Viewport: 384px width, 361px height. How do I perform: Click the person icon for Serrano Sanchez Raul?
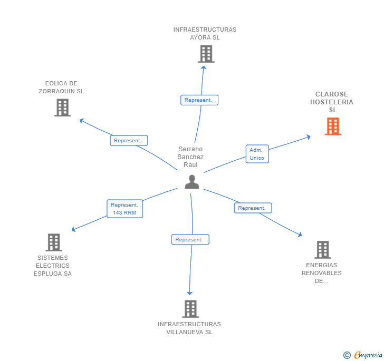192,182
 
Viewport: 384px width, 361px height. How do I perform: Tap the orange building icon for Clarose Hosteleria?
332,126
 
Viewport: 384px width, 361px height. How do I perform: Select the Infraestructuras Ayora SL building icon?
206,54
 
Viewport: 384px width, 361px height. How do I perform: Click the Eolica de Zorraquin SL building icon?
62,108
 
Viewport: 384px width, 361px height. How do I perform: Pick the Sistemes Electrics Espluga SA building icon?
53,242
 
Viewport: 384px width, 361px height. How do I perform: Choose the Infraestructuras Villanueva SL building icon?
190,309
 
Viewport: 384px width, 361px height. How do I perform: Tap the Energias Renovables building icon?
322,250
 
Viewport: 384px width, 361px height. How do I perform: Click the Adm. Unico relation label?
257,154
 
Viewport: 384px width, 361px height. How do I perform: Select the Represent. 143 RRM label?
124,209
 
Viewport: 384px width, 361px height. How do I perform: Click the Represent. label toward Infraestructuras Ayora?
199,100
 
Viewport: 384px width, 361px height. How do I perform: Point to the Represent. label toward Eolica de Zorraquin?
128,141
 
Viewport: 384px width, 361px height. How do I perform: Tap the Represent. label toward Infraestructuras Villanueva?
190,240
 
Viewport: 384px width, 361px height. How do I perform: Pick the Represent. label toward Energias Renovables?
253,208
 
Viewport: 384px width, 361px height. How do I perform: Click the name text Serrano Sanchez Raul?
190,157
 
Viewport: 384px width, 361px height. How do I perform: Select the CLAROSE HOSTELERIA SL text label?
332,102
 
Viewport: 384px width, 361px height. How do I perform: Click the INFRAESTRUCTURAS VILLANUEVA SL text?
189,328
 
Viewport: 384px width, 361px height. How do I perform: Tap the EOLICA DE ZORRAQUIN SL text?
61,87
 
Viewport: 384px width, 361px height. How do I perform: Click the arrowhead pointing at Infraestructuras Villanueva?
190,292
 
